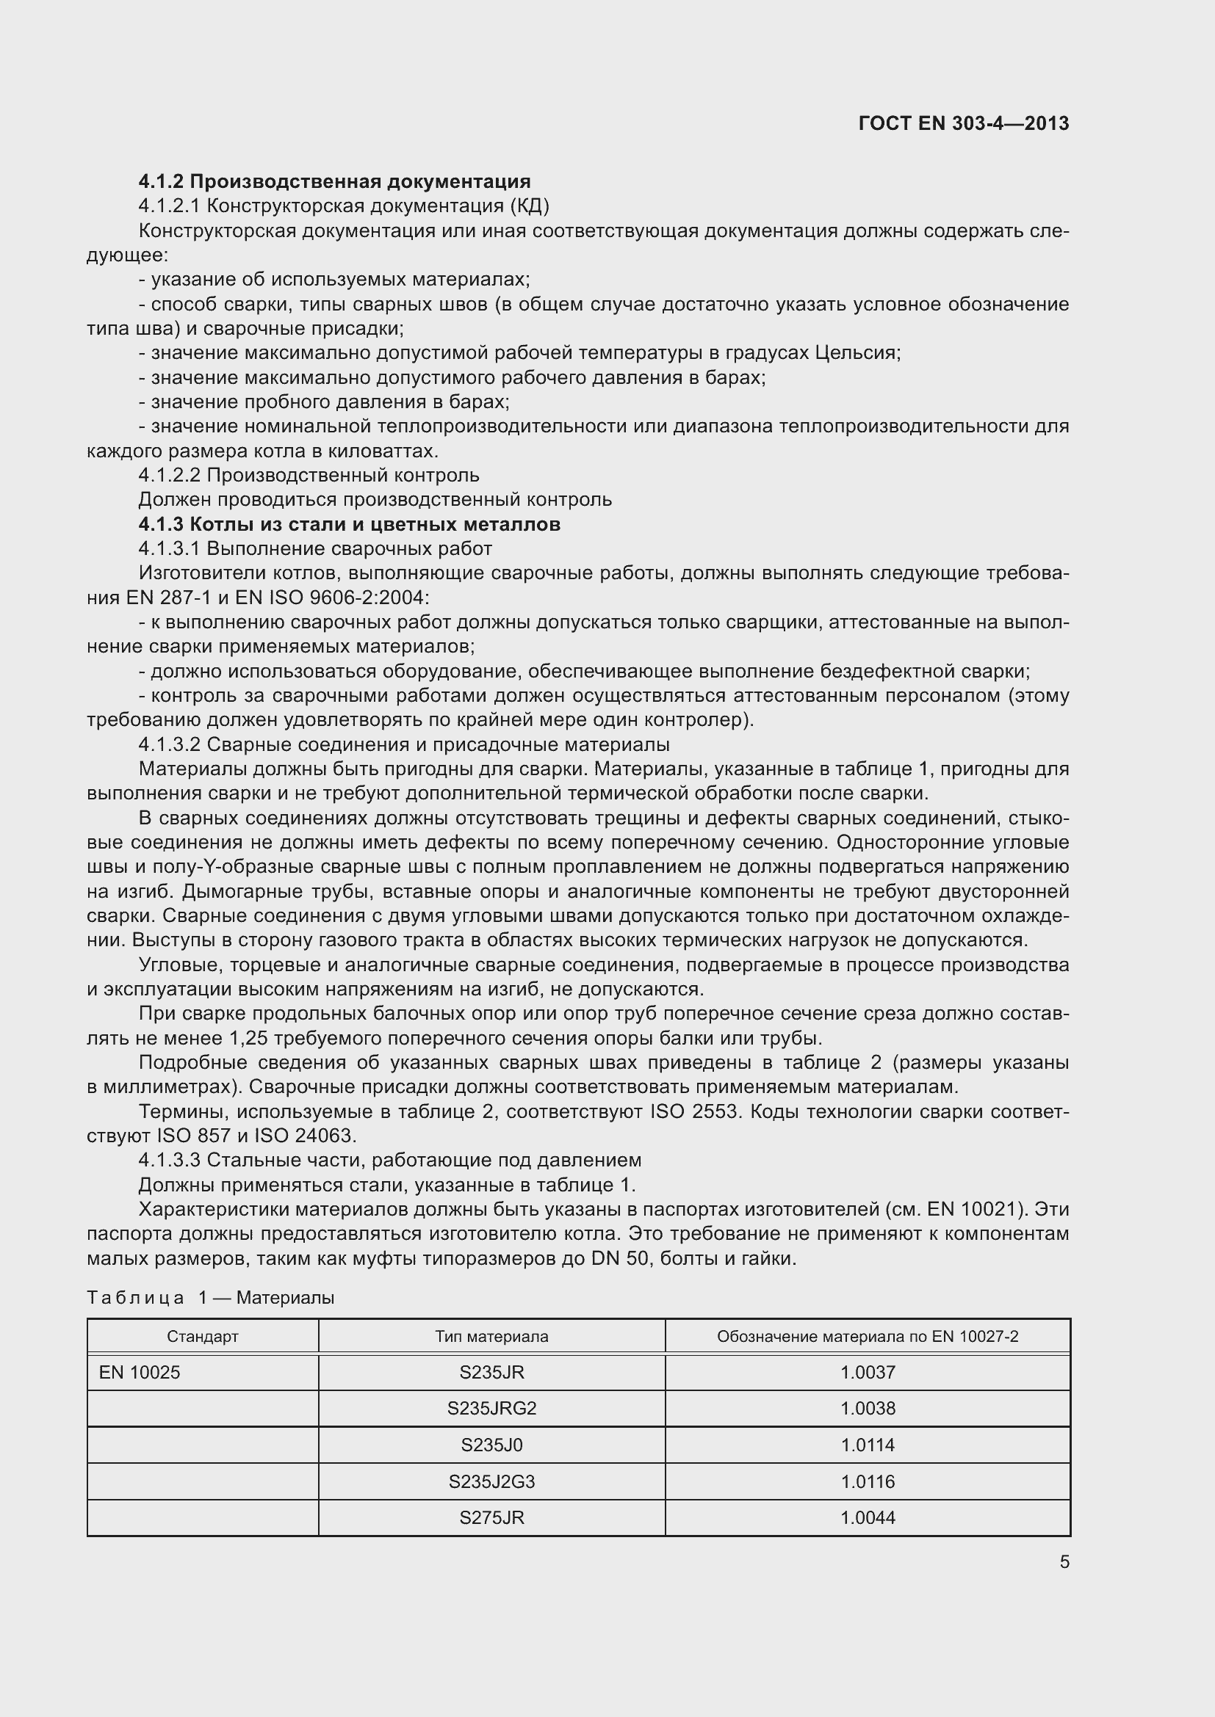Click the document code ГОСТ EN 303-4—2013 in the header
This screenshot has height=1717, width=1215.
pos(964,123)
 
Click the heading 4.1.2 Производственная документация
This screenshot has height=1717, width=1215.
pos(334,182)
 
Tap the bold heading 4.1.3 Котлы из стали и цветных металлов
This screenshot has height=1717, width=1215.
pos(350,524)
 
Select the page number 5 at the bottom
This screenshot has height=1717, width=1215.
pos(1064,1561)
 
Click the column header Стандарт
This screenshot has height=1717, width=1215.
pos(203,1336)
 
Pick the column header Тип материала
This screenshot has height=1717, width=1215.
pos(491,1336)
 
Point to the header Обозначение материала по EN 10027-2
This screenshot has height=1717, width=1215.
pos(867,1336)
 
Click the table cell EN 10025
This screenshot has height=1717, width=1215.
pos(140,1372)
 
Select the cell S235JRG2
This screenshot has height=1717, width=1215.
pos(491,1408)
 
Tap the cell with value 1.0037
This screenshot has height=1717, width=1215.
pos(867,1372)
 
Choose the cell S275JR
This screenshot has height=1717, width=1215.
pos(491,1517)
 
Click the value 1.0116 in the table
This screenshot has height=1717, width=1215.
pos(867,1481)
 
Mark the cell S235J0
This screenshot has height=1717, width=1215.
pos(491,1445)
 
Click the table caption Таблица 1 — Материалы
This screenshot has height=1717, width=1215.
pos(210,1297)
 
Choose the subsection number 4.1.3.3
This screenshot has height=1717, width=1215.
pos(169,1160)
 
